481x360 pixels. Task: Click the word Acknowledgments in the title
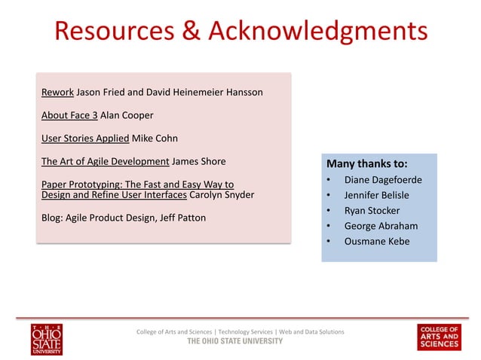pyautogui.click(x=317, y=31)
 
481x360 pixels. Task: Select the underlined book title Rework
pyautogui.click(x=57, y=93)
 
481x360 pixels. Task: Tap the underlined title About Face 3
pyautogui.click(x=69, y=116)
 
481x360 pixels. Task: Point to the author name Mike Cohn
pyautogui.click(x=154, y=139)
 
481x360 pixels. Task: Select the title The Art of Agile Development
pyautogui.click(x=105, y=161)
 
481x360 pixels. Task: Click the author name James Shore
pyautogui.click(x=198, y=161)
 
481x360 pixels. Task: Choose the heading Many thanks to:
pyautogui.click(x=366, y=163)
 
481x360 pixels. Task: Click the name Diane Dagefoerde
pyautogui.click(x=383, y=180)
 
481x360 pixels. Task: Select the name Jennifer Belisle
pyautogui.click(x=377, y=195)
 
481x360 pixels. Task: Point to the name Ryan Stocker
pyautogui.click(x=372, y=210)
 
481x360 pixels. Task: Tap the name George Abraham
pyautogui.click(x=381, y=225)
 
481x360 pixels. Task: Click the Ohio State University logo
pyautogui.click(x=47, y=338)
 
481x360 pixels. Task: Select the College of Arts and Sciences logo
pyautogui.click(x=439, y=337)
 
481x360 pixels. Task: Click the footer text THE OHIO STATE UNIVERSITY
pyautogui.click(x=235, y=341)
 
